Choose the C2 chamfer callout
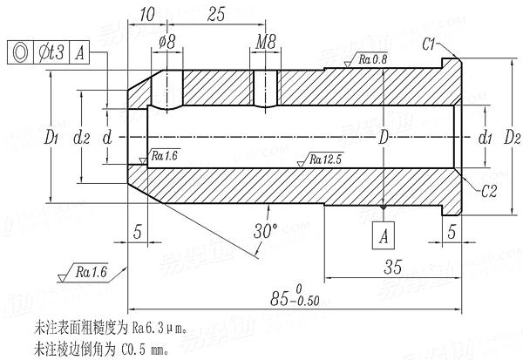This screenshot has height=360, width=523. coord(488,189)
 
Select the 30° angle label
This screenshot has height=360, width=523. coord(266,232)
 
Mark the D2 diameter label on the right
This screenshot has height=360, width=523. coord(512,138)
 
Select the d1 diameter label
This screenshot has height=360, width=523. coord(486,138)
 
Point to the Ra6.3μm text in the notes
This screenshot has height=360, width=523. coord(159,329)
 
